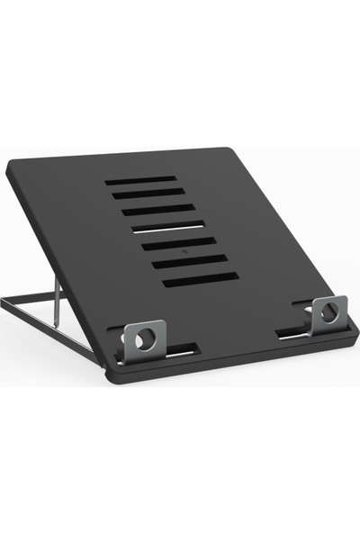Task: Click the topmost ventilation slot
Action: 140,180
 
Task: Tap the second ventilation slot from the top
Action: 149,194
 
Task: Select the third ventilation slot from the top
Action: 158,210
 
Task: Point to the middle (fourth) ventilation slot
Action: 168,226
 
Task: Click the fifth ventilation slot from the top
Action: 178,243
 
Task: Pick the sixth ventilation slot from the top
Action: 189,260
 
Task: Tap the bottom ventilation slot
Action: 200,279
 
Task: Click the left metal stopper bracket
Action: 140,339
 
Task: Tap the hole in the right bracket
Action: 328,313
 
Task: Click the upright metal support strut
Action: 58,301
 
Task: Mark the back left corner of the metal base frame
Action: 4,303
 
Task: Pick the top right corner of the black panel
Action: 231,149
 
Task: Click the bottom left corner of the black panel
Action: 115,376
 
